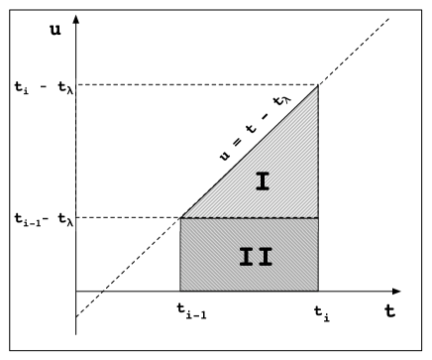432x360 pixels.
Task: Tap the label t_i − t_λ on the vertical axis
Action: (x=37, y=85)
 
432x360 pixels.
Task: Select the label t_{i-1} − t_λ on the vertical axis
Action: (x=38, y=218)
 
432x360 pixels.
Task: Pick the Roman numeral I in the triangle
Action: (x=262, y=181)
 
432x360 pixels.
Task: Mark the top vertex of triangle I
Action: (x=318, y=85)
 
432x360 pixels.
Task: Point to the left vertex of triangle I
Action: (x=180, y=218)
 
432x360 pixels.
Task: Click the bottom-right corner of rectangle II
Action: (x=318, y=293)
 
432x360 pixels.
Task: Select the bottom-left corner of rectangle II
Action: (x=180, y=293)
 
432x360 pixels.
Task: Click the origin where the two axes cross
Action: (x=75, y=293)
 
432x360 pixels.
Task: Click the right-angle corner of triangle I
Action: (x=318, y=218)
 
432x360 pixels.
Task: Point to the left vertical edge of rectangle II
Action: (x=180, y=256)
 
